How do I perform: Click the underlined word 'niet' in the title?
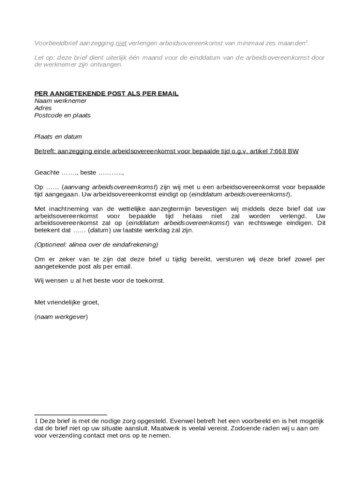coord(121,44)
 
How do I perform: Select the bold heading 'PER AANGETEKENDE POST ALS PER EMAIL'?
coord(107,94)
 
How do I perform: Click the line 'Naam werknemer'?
coord(60,101)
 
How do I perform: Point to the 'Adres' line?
coord(43,108)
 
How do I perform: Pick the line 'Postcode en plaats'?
coord(63,115)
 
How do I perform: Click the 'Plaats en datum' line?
coord(58,137)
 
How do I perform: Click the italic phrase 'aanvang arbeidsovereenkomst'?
coord(109,187)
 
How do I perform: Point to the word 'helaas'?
coord(193,216)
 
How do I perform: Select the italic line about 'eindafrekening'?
coord(96,245)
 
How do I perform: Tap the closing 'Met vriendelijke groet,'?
coord(67,302)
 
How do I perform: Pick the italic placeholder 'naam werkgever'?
coord(61,317)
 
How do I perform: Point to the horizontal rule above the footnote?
coord(71,414)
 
